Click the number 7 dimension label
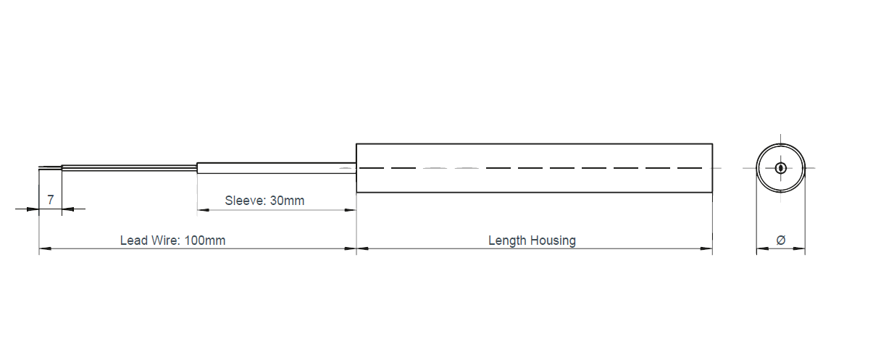point(50,200)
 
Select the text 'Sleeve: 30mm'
point(264,201)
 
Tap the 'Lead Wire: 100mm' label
point(172,240)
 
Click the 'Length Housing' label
point(532,240)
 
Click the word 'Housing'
point(553,240)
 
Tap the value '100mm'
point(205,240)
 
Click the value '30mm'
point(287,201)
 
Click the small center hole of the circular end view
point(780,168)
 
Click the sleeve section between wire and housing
point(276,168)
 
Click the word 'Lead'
point(133,240)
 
